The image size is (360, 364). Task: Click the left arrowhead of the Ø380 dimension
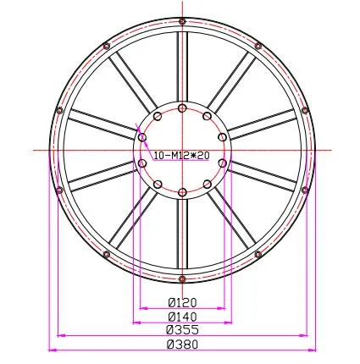point(52,348)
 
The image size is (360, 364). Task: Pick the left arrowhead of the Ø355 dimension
point(59,334)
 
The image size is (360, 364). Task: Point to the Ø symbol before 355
point(169,329)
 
